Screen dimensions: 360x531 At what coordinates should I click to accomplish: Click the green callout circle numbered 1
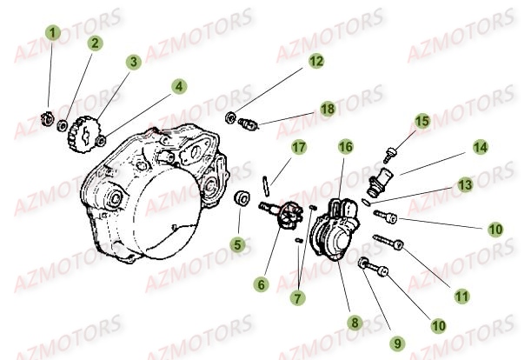point(53,33)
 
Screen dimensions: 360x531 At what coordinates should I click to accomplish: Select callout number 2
point(94,42)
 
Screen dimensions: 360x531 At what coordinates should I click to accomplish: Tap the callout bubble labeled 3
point(133,62)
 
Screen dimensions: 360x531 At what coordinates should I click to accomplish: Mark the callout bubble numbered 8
point(354,322)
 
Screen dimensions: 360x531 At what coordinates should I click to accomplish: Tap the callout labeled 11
point(461,296)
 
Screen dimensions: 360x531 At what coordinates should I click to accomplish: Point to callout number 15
point(421,120)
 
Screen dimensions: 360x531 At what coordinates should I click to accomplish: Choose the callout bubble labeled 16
point(345,147)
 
